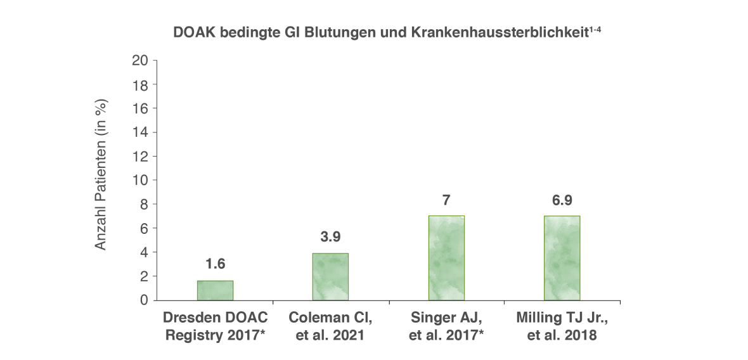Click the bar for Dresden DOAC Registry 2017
click(x=215, y=290)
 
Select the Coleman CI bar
click(x=331, y=276)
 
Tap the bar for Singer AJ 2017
click(x=446, y=258)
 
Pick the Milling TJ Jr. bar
click(x=562, y=258)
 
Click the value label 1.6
click(x=215, y=264)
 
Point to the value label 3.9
click(x=330, y=236)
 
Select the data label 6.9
click(x=562, y=200)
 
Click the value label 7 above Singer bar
click(x=446, y=200)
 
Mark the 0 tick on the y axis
click(x=144, y=300)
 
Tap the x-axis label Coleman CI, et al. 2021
click(x=330, y=326)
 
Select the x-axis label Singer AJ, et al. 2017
click(x=446, y=326)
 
